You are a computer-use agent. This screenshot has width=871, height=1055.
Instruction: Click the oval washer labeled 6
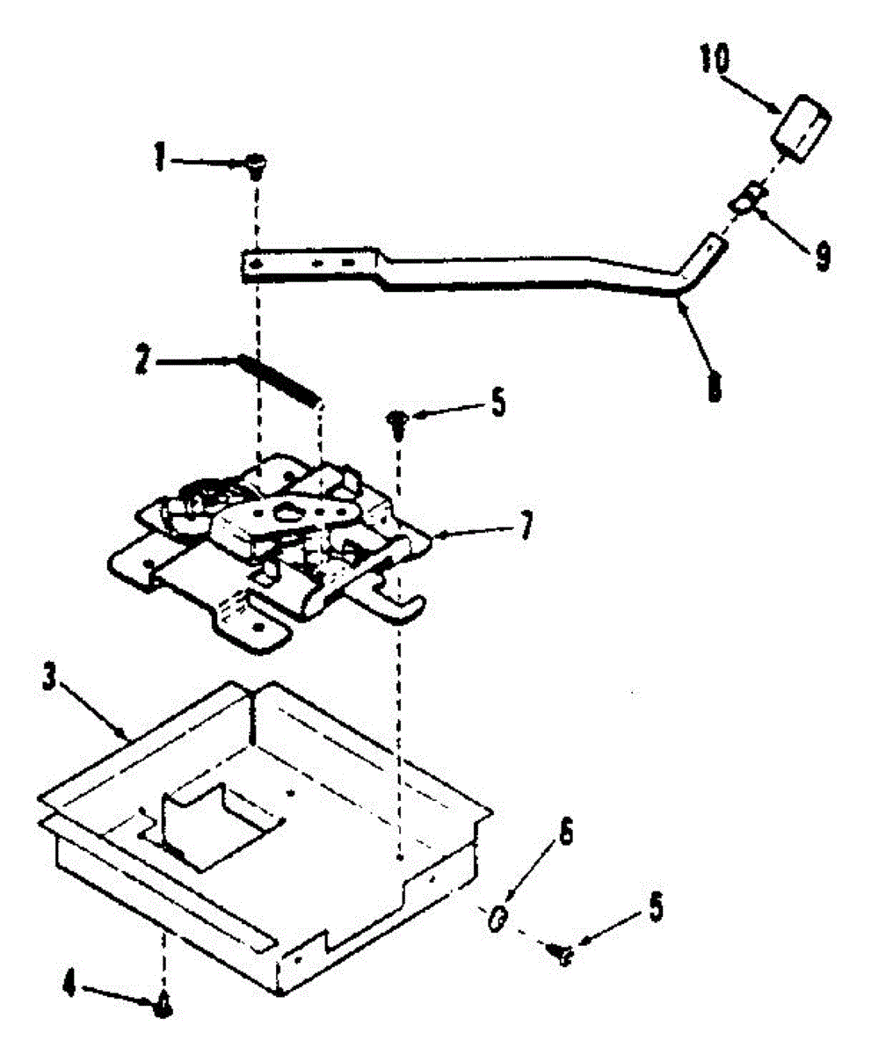(x=497, y=919)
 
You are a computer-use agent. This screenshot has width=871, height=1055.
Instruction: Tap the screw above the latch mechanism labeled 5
(x=397, y=421)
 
